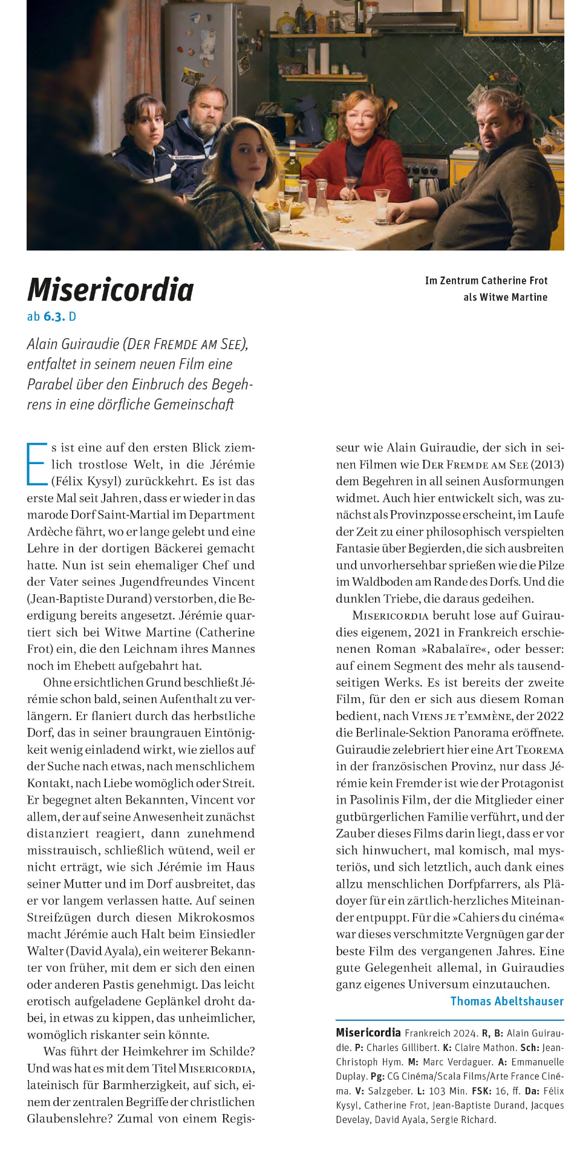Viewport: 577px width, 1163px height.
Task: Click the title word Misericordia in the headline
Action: point(111,290)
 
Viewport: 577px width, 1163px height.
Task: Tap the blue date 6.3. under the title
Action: point(54,316)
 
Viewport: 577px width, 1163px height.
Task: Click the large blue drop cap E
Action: point(36,464)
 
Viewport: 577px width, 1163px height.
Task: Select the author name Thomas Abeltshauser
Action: point(507,1001)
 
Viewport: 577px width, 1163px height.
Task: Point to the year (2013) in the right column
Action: point(547,465)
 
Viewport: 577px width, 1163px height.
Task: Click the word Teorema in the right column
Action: point(540,750)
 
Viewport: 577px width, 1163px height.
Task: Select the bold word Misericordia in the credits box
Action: point(368,1032)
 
